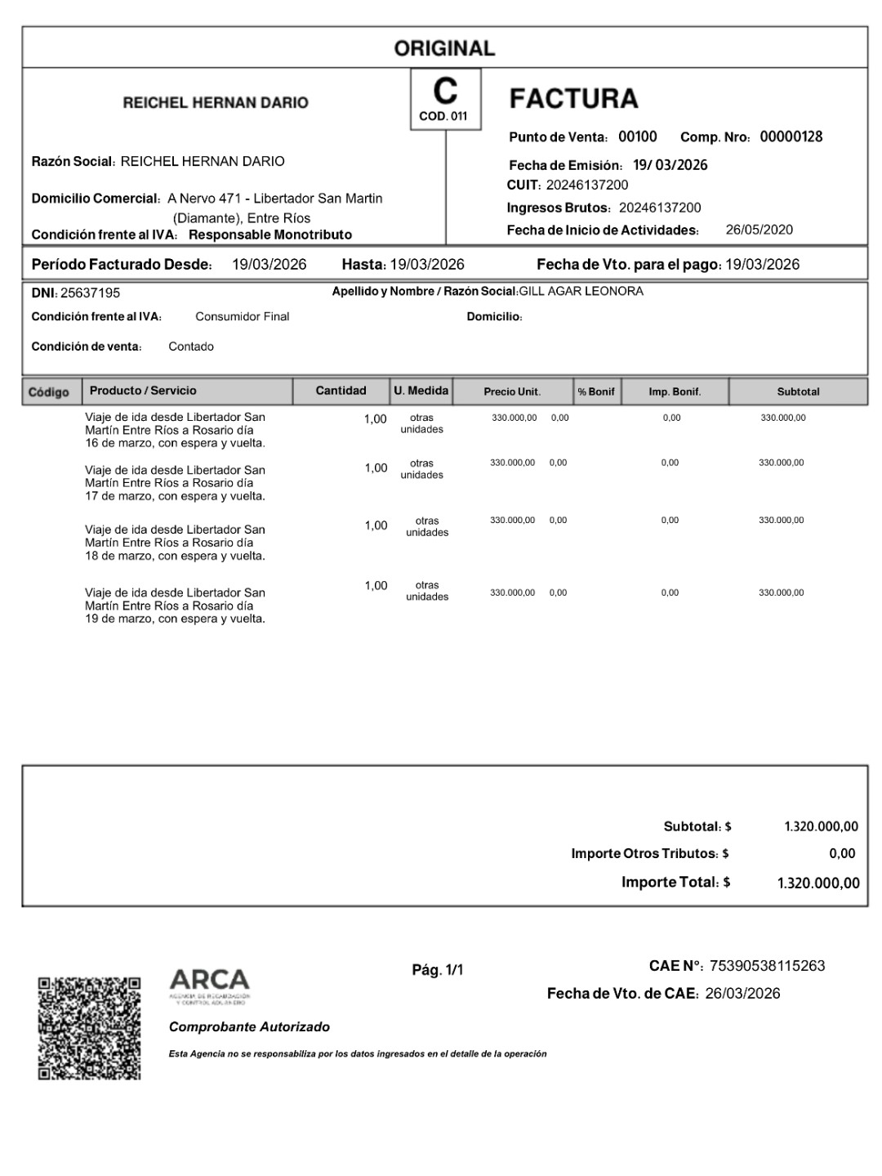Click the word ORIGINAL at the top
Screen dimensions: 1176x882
pyautogui.click(x=444, y=48)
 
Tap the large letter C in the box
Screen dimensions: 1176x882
pyautogui.click(x=445, y=91)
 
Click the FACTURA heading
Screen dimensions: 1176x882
pyautogui.click(x=573, y=99)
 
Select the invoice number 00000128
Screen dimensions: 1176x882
pyautogui.click(x=791, y=136)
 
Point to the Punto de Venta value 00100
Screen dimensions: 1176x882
pyautogui.click(x=637, y=136)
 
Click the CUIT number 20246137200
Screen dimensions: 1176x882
pyautogui.click(x=587, y=185)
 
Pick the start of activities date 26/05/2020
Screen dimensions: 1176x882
pyautogui.click(x=759, y=230)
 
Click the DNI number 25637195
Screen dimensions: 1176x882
pyautogui.click(x=90, y=293)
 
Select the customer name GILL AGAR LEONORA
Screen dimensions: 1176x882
pyautogui.click(x=581, y=291)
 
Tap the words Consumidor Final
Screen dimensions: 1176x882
pyautogui.click(x=242, y=316)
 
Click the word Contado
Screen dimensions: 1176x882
pyautogui.click(x=191, y=347)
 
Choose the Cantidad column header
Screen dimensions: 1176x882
pyautogui.click(x=341, y=391)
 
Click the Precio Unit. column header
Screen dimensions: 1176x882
pyautogui.click(x=512, y=391)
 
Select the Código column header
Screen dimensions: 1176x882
pyautogui.click(x=49, y=392)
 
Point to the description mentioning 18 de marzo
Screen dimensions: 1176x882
pyautogui.click(x=175, y=543)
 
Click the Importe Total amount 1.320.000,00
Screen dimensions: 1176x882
pyautogui.click(x=818, y=883)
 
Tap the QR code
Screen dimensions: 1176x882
pyautogui.click(x=89, y=1027)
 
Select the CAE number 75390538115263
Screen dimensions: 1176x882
pyautogui.click(x=767, y=966)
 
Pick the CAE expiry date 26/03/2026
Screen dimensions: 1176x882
pyautogui.click(x=742, y=994)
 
